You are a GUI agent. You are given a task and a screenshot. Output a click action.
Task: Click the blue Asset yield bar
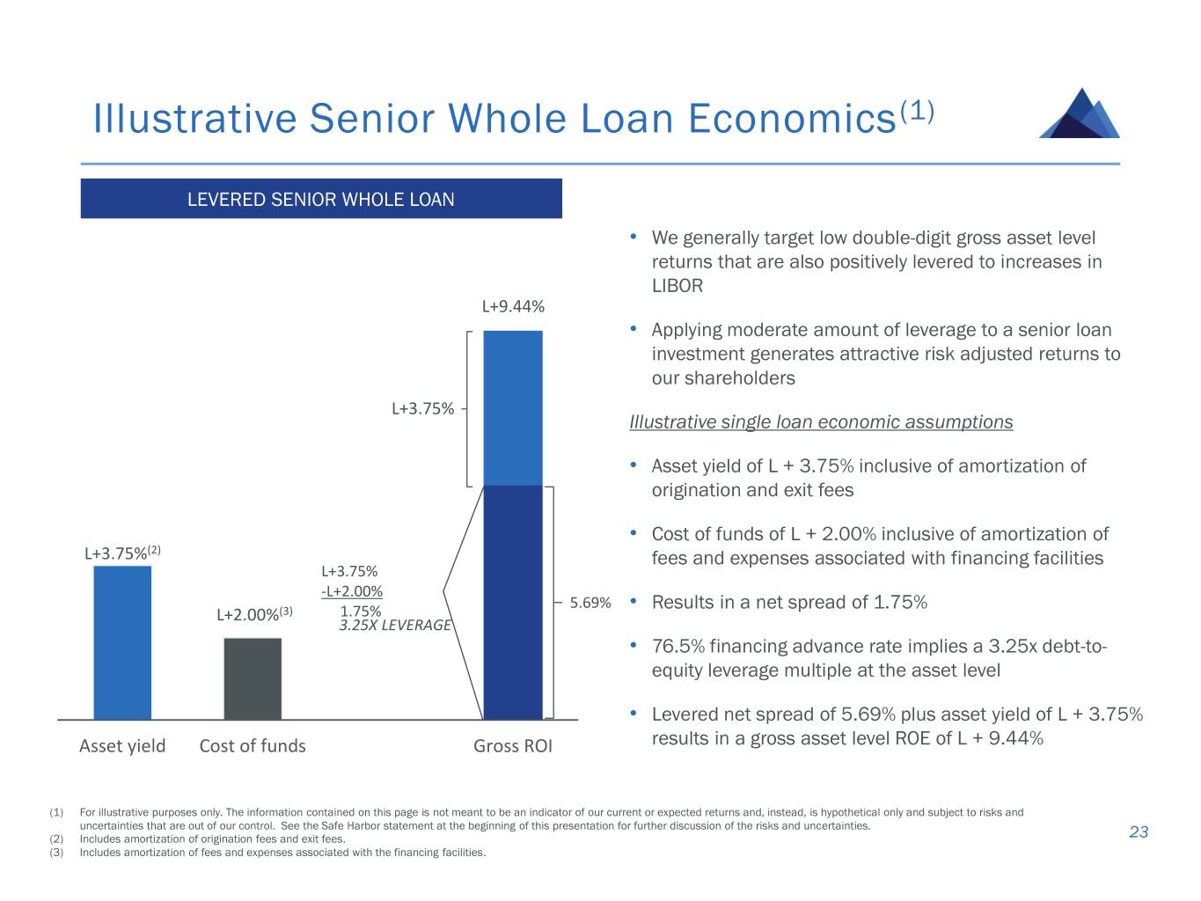pyautogui.click(x=122, y=642)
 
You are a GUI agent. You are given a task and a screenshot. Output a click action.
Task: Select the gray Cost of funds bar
pyautogui.click(x=253, y=678)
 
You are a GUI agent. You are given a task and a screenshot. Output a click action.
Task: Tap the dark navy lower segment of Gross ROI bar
pyautogui.click(x=513, y=603)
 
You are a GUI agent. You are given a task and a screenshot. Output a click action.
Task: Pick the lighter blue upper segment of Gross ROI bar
pyautogui.click(x=513, y=407)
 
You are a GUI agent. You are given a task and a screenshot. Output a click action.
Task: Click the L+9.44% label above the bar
pyautogui.click(x=513, y=306)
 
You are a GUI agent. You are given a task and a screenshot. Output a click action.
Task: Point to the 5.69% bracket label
pyautogui.click(x=590, y=603)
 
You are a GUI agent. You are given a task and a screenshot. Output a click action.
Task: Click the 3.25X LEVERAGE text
pyautogui.click(x=395, y=625)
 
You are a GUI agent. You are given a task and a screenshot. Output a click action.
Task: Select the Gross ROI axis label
pyautogui.click(x=513, y=745)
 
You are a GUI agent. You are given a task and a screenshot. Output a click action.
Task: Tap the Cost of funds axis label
pyautogui.click(x=253, y=745)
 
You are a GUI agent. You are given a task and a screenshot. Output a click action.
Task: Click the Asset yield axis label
pyautogui.click(x=122, y=745)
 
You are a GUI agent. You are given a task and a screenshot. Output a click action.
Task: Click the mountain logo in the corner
pyautogui.click(x=1079, y=113)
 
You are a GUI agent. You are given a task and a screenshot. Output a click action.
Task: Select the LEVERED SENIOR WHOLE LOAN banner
pyautogui.click(x=321, y=199)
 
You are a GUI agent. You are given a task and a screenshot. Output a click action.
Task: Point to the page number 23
pyautogui.click(x=1139, y=832)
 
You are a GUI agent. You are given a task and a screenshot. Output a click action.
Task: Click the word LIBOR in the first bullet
pyautogui.click(x=677, y=286)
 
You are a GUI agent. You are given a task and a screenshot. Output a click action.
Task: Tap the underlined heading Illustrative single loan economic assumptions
pyautogui.click(x=821, y=421)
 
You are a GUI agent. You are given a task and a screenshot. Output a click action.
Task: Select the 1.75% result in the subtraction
pyautogui.click(x=361, y=611)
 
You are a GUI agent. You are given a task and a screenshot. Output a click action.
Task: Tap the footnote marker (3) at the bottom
pyautogui.click(x=56, y=853)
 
